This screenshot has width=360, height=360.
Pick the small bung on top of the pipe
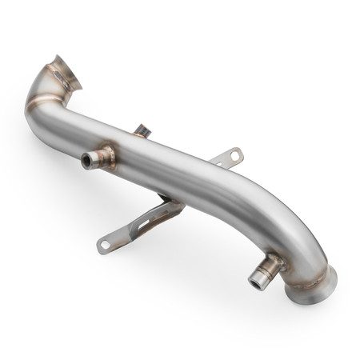142,130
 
